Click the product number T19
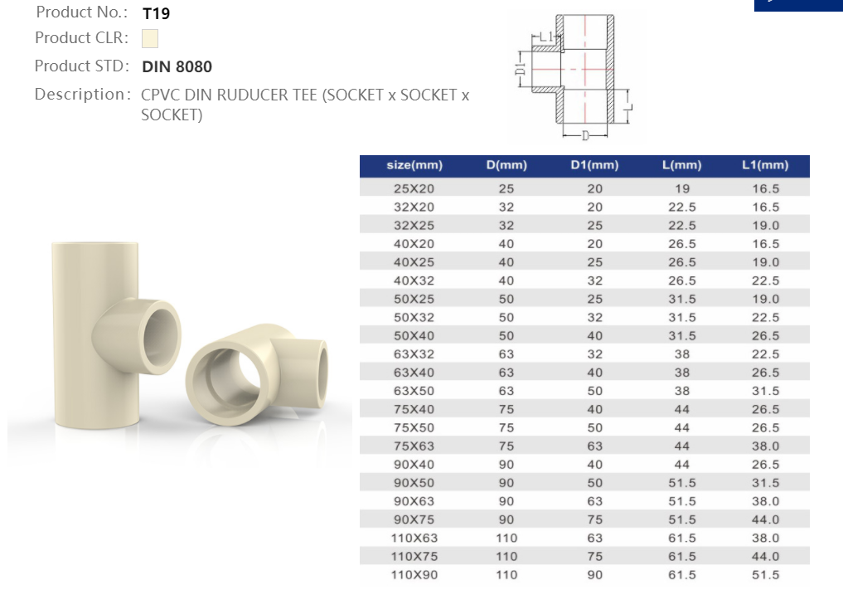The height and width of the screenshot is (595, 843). [x=156, y=13]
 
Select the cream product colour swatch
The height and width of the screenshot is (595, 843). [x=149, y=39]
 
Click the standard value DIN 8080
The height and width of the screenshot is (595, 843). [x=177, y=67]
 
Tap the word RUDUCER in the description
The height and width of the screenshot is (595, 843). [x=252, y=95]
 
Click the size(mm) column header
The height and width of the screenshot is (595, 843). [x=414, y=165]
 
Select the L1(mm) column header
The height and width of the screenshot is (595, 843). [x=764, y=165]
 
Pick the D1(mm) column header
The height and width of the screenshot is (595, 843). [x=594, y=165]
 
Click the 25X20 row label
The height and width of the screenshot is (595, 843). [x=414, y=189]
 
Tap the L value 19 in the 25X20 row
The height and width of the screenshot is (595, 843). [x=682, y=189]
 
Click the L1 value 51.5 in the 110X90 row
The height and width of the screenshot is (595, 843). [x=765, y=574]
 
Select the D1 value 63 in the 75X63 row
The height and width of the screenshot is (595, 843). [x=594, y=446]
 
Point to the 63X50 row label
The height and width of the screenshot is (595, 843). [x=414, y=391]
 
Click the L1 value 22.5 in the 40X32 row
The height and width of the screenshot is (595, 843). [x=765, y=280]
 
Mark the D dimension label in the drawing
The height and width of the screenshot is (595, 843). [x=584, y=135]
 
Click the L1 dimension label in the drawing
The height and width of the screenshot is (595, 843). [x=545, y=37]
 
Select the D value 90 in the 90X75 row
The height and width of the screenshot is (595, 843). [x=506, y=519]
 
